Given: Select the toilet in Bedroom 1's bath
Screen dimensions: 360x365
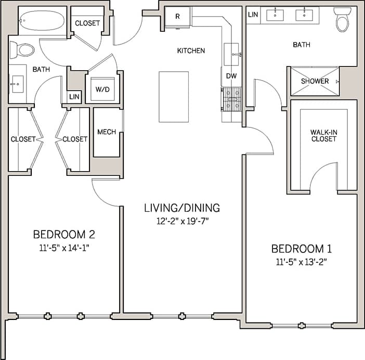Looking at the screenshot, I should click(x=343, y=20).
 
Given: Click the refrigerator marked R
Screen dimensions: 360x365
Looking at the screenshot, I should click(x=177, y=17).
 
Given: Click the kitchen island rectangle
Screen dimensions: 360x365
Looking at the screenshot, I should click(x=173, y=97).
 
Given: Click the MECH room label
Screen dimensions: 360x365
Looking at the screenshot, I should click(x=107, y=132).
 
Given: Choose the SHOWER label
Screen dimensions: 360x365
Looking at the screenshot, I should click(x=315, y=81).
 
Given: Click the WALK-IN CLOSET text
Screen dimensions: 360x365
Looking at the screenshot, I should click(x=324, y=136).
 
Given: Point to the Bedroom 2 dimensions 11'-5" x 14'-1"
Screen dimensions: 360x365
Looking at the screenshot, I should click(x=63, y=248).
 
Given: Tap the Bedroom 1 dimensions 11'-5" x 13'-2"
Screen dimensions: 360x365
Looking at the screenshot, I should click(x=302, y=262).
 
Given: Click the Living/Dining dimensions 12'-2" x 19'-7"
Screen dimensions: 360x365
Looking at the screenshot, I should click(x=181, y=221).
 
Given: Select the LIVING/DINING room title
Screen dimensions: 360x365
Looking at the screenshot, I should click(x=181, y=208).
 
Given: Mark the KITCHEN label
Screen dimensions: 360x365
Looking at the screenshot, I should click(x=191, y=51).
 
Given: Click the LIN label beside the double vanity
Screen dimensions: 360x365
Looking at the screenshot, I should click(x=253, y=15).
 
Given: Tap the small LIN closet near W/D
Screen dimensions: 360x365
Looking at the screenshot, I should click(x=74, y=97).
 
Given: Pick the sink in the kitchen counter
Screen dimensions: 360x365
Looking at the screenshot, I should click(x=232, y=54).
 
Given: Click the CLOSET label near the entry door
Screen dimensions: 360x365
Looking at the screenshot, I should click(x=87, y=23).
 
